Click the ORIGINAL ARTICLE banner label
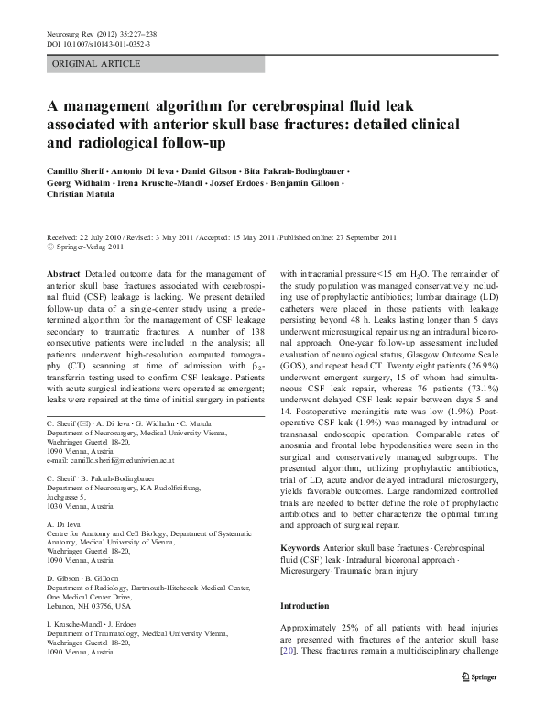click(96, 64)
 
